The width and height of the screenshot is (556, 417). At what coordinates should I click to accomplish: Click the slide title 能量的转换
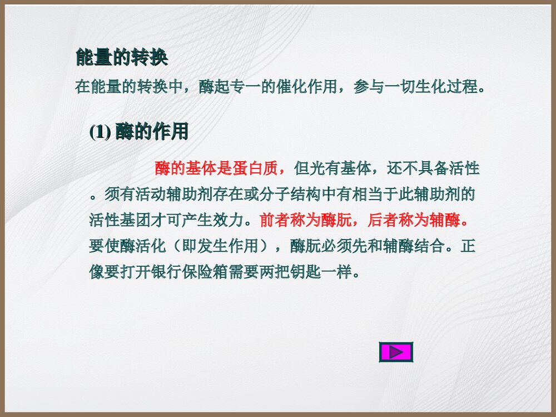pos(121,58)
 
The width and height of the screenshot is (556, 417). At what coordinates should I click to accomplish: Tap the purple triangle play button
pos(396,352)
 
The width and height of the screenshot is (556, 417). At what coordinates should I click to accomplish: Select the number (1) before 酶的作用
pos(100,132)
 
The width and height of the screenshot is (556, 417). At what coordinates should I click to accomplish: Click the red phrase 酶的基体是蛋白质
pos(216,168)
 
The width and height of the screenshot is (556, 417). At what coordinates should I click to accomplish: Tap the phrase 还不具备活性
pos(431,168)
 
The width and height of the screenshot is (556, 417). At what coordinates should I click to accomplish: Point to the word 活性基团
pos(120,220)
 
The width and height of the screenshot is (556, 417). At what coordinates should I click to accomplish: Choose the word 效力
pos(229,220)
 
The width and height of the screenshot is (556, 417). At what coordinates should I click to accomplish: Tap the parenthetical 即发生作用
pos(221,246)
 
